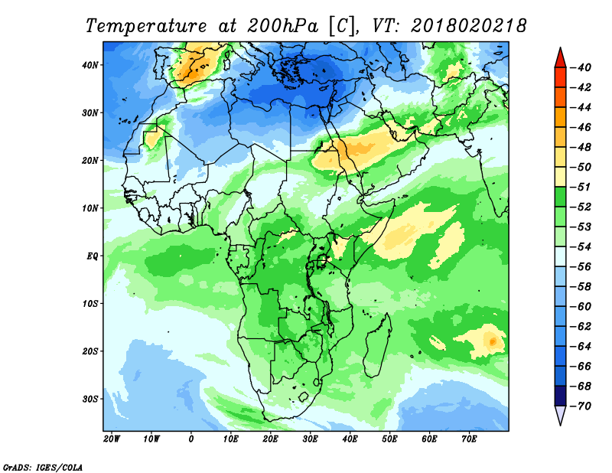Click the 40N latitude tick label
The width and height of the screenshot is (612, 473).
(x=90, y=65)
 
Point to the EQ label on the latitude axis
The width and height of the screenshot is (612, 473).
(x=92, y=256)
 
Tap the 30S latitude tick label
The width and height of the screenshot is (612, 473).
(x=90, y=399)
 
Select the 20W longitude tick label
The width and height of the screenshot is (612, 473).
(x=112, y=439)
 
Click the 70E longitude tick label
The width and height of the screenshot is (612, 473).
(x=470, y=439)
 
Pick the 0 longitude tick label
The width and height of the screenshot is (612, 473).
(x=191, y=439)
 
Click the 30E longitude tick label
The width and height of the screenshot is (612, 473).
(x=311, y=439)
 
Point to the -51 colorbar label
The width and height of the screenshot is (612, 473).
(x=583, y=188)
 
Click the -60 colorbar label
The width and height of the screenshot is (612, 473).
(x=583, y=305)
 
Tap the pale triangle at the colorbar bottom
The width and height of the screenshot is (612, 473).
(x=559, y=415)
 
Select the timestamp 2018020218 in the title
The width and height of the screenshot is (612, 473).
(x=469, y=25)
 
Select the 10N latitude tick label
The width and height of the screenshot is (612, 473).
(x=90, y=208)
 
